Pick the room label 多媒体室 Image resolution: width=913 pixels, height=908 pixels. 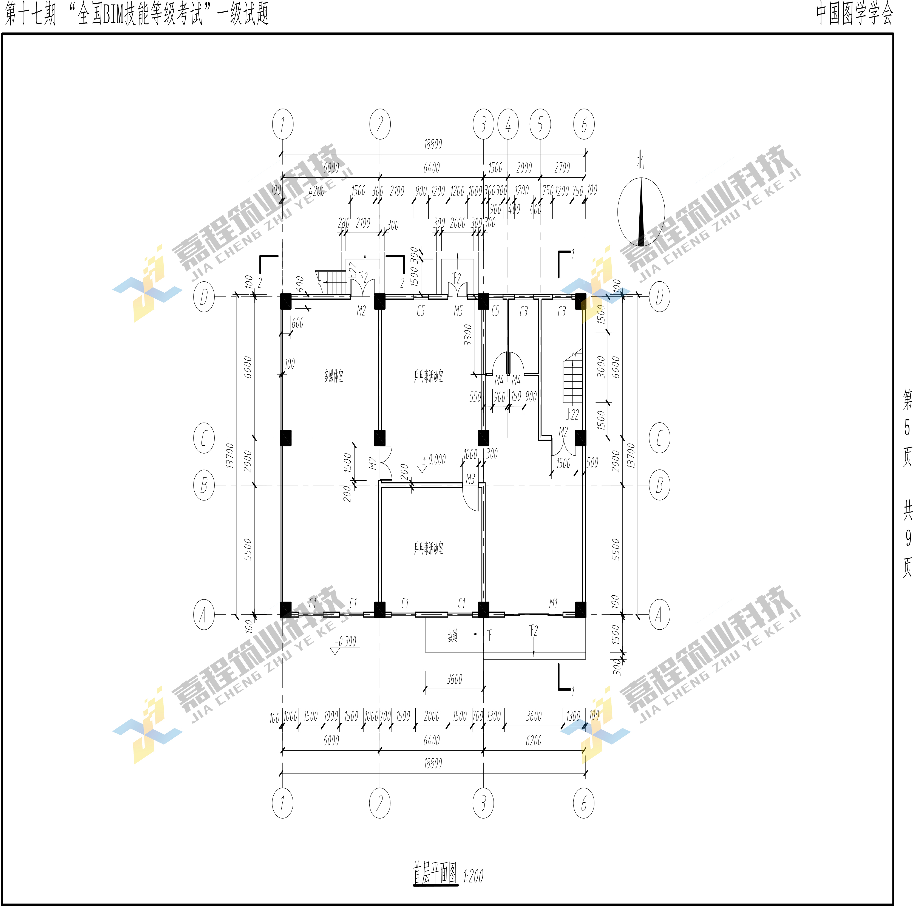tap(334, 376)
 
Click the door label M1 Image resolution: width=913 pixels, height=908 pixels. tap(553, 603)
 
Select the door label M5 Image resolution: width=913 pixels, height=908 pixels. tap(458, 311)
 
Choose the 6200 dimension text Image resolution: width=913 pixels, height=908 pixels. tap(534, 741)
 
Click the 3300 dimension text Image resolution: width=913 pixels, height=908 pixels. tap(468, 335)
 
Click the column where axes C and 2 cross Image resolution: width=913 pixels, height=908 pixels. tap(379, 438)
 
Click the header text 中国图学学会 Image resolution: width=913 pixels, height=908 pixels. tap(854, 13)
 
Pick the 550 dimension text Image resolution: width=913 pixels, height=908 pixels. tap(475, 397)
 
